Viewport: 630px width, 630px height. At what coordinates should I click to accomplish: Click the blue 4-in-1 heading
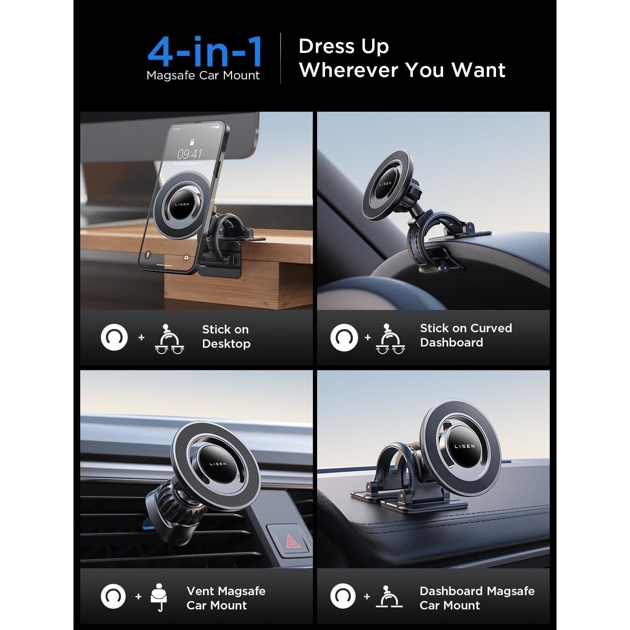tap(205, 52)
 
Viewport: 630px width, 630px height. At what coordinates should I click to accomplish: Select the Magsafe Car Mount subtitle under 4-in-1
tap(203, 76)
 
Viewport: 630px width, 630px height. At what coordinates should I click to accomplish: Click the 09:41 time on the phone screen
tap(189, 154)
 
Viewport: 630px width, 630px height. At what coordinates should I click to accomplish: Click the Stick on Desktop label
tap(226, 336)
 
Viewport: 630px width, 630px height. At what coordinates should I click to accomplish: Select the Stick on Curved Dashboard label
tap(466, 335)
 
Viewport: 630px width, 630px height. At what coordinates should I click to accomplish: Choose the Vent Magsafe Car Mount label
tap(226, 598)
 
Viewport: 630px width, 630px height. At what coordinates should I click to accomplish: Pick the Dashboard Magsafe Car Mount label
tap(477, 598)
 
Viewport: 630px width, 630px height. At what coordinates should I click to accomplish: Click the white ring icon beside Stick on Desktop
tap(114, 337)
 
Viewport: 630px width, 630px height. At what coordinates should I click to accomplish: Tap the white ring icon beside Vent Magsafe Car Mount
tap(113, 596)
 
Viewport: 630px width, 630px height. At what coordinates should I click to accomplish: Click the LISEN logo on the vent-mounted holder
tap(218, 464)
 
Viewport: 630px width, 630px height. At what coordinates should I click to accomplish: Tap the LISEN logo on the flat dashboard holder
tap(465, 446)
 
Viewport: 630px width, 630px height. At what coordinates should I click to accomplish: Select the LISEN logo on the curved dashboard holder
tap(385, 184)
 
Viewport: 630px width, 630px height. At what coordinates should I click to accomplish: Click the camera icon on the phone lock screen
tap(186, 257)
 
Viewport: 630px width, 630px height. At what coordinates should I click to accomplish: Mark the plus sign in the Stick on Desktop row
tap(141, 337)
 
